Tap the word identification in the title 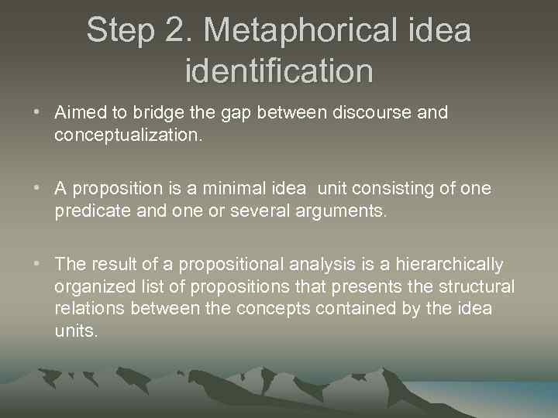[279, 71]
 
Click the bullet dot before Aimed [37, 113]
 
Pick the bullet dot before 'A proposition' [37, 189]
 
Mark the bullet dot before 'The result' [37, 265]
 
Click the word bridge [154, 113]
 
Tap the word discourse [373, 113]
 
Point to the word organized [94, 287]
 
